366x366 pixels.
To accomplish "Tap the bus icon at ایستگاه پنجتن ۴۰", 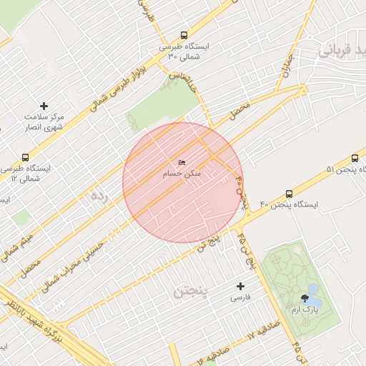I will tap(289, 194).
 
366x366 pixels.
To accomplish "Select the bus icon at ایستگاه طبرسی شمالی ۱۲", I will tap(26, 157).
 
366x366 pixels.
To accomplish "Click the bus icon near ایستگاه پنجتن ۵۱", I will tap(355, 158).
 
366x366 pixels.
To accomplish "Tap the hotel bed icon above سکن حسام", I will tap(182, 163).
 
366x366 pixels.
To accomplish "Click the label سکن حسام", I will tap(182, 174).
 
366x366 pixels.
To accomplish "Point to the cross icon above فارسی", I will tap(241, 286).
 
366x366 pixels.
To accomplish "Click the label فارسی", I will tap(241, 297).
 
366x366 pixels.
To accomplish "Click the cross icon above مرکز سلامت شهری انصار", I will tap(44, 106).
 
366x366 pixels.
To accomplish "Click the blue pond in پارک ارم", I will tap(313, 290).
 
